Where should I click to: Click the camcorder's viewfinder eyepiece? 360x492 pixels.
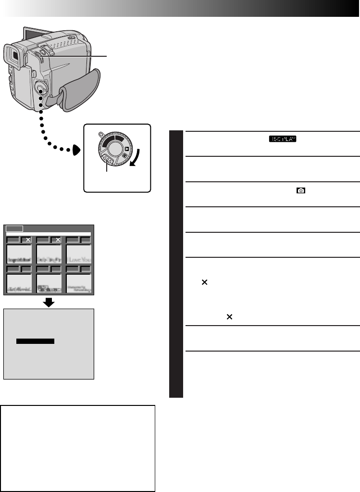[x=13, y=57]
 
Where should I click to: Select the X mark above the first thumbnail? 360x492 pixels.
[x=28, y=239]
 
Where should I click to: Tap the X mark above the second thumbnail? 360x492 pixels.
[x=58, y=239]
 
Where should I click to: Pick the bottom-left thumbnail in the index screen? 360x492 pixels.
[x=19, y=284]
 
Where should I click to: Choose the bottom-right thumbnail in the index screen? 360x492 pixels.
[x=78, y=284]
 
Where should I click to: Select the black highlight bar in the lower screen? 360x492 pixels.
[x=35, y=341]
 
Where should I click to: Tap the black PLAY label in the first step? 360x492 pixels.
[x=283, y=139]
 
